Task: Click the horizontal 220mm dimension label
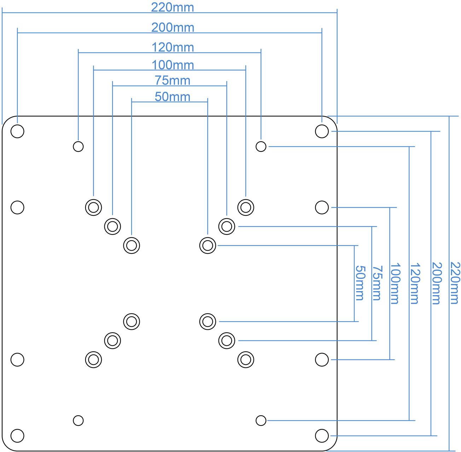click(x=173, y=7)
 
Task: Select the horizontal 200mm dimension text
click(x=173, y=28)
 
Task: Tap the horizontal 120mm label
click(x=173, y=47)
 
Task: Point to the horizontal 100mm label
click(x=173, y=65)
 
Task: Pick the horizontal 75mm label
click(x=173, y=81)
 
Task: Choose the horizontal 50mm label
click(x=173, y=97)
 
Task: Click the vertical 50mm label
click(x=360, y=283)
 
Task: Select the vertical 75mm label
click(x=377, y=283)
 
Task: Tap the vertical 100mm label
click(x=395, y=283)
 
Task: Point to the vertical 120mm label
click(x=415, y=283)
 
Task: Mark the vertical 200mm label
click(x=437, y=283)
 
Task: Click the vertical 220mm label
click(x=456, y=283)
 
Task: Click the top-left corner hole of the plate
click(x=17, y=131)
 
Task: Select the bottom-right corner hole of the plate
click(x=321, y=435)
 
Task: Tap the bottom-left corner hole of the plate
click(x=17, y=435)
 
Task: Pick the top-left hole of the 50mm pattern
click(x=132, y=245)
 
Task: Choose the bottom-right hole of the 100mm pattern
click(x=245, y=359)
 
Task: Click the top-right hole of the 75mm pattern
click(x=227, y=226)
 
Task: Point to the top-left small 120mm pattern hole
click(x=78, y=146)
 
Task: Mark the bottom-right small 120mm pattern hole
click(x=261, y=421)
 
